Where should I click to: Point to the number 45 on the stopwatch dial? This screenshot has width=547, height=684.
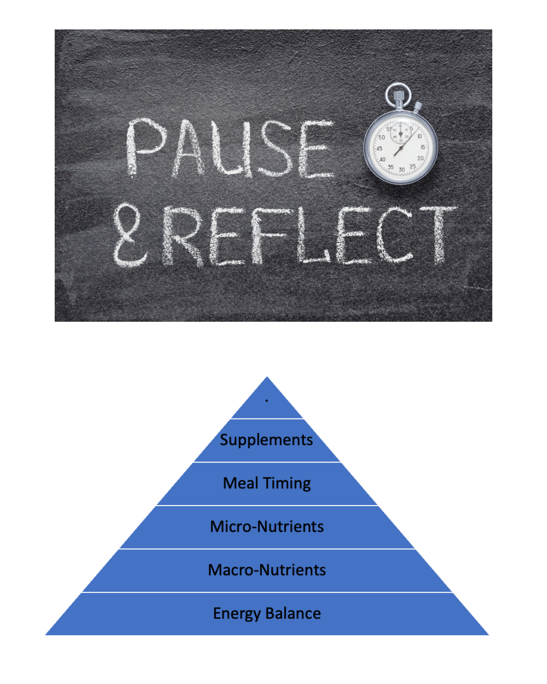(x=378, y=148)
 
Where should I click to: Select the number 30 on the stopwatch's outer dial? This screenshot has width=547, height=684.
(x=402, y=170)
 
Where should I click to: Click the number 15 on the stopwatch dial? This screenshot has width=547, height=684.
(x=422, y=147)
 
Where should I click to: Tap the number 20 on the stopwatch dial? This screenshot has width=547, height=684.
(x=420, y=159)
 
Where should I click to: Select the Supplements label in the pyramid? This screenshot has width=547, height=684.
(x=266, y=440)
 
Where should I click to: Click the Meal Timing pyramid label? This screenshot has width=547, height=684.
(x=267, y=483)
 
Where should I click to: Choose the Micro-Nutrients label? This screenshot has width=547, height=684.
(x=267, y=527)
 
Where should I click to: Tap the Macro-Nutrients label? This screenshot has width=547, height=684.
(x=267, y=570)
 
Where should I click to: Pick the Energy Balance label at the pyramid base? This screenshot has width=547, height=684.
(x=267, y=614)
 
